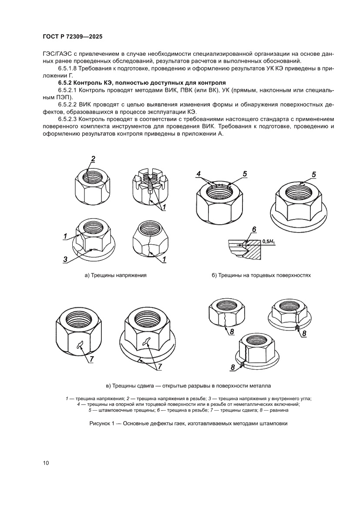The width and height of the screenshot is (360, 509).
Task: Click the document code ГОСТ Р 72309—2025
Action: coord(73,37)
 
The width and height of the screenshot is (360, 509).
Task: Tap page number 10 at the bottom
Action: coord(46,462)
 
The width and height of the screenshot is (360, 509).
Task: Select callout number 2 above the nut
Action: coord(93,158)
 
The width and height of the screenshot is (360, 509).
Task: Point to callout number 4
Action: coord(198,175)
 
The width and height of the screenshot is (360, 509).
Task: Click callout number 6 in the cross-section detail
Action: coord(254,229)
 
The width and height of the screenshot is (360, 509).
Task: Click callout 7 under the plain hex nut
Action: coord(92,359)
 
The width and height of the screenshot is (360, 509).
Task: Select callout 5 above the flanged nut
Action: coord(313,175)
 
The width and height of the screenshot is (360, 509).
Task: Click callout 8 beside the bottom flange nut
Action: coord(233,367)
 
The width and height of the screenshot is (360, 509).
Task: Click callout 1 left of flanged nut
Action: coord(64,236)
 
